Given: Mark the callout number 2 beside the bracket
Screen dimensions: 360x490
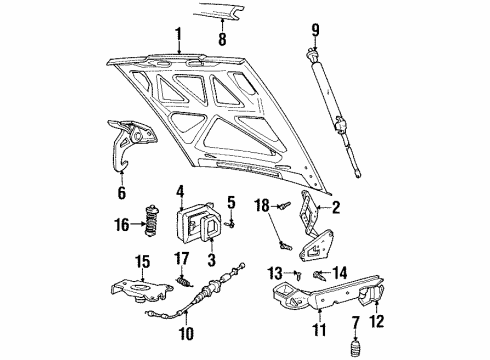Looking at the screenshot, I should point(337,207).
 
